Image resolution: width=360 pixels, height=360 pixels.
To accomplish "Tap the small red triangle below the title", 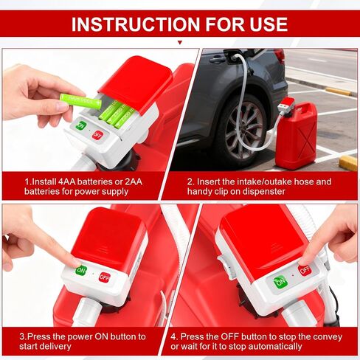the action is (x=180, y=43).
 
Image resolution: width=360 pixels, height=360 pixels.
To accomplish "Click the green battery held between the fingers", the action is (x=80, y=101).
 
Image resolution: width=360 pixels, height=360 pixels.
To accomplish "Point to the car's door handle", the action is (x=217, y=59).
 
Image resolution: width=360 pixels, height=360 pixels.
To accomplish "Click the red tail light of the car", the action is (x=279, y=55).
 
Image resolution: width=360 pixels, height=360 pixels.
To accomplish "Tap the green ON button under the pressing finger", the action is (x=81, y=271).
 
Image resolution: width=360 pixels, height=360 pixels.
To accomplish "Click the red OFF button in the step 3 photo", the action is (x=105, y=277).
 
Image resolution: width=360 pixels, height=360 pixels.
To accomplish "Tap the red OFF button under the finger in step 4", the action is (x=305, y=270).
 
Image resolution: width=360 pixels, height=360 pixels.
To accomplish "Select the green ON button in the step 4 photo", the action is (x=280, y=282).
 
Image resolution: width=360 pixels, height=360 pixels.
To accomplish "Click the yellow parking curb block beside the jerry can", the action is (x=348, y=163).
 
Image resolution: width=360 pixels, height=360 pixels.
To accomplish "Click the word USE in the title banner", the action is (x=269, y=24).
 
